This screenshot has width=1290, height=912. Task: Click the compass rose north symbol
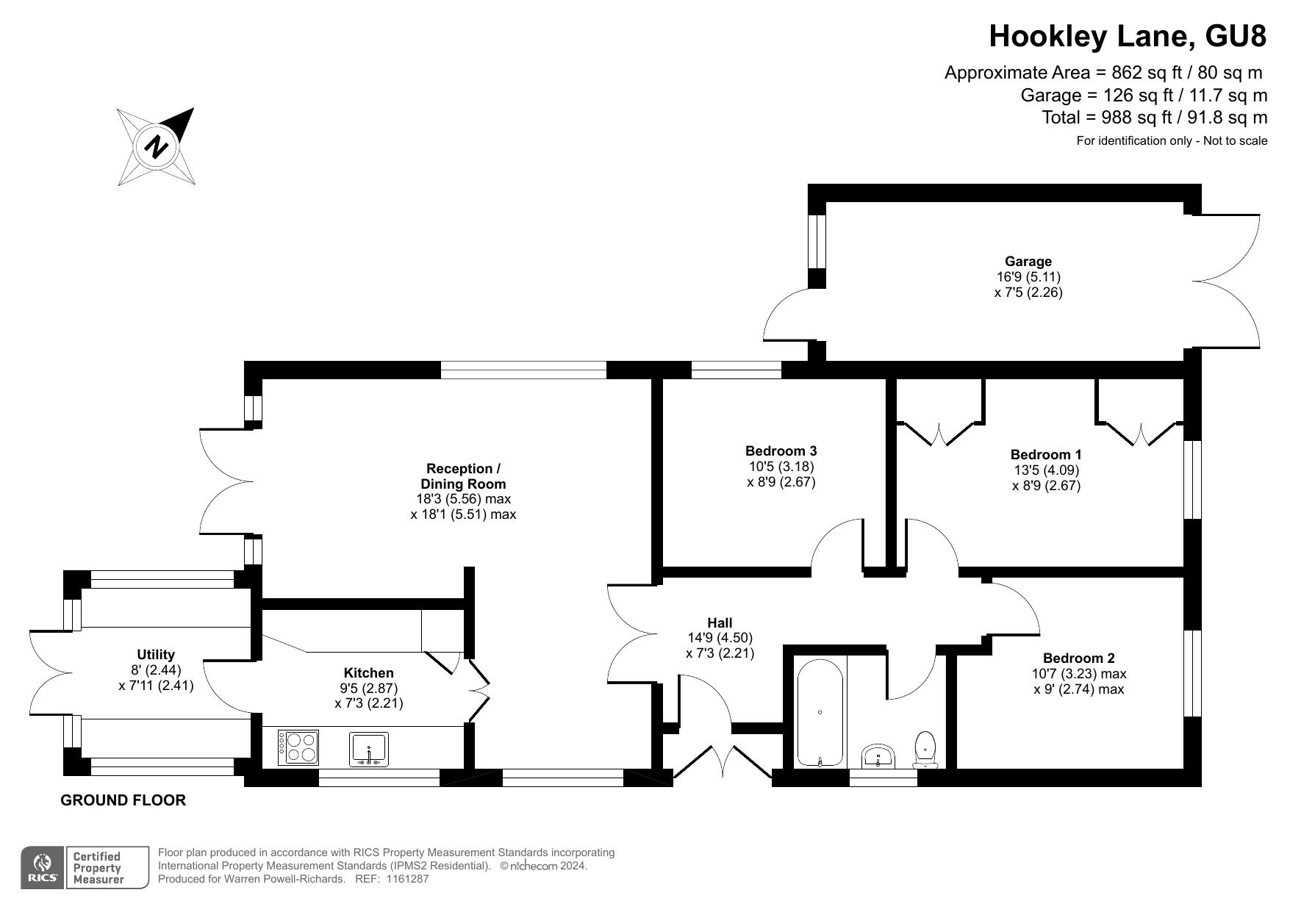click(156, 146)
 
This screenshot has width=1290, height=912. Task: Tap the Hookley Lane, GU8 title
click(1128, 35)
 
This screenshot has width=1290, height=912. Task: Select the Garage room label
click(1028, 261)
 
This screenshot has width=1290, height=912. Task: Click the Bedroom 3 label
click(781, 450)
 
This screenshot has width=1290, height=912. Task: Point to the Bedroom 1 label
click(1046, 454)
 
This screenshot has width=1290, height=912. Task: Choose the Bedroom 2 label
click(1079, 658)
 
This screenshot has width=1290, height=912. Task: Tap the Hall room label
click(720, 622)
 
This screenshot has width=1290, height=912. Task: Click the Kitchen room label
click(369, 672)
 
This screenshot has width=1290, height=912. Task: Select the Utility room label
click(156, 654)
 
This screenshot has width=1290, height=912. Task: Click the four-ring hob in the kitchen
click(298, 747)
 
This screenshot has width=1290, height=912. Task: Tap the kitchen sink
click(369, 749)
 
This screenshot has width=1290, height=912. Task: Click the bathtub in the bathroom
click(820, 713)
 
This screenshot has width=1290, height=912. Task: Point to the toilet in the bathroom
click(925, 749)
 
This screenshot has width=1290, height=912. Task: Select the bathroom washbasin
click(878, 756)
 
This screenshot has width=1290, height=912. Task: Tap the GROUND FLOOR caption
click(123, 800)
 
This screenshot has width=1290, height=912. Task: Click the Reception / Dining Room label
click(463, 476)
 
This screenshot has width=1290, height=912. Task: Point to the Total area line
click(1155, 117)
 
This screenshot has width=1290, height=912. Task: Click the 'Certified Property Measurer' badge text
click(98, 868)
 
